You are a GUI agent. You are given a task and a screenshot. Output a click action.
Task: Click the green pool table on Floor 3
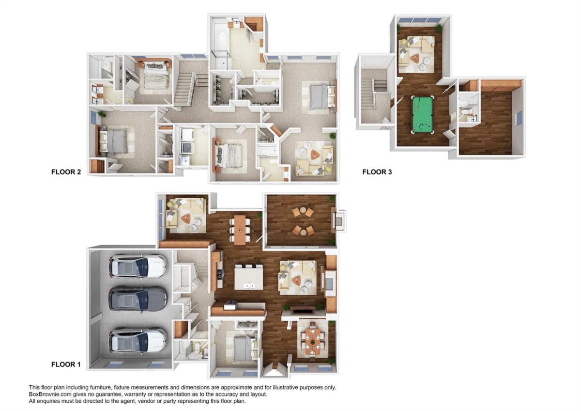(423, 114)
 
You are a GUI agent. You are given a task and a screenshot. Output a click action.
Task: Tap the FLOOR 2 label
(66, 172)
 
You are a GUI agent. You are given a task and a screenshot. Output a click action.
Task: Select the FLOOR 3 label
(377, 172)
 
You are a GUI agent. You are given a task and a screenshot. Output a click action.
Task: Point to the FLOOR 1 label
(66, 364)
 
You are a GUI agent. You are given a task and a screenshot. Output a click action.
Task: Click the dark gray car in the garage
(138, 299)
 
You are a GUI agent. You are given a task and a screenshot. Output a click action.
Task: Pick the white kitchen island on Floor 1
(248, 277)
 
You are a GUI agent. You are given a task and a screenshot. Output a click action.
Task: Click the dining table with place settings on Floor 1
(313, 341)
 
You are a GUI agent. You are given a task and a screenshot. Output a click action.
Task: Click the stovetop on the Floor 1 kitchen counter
(220, 274)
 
